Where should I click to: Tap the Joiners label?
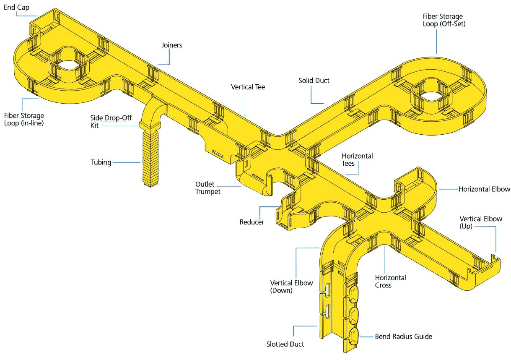click(x=171, y=45)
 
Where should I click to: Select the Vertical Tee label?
click(x=248, y=87)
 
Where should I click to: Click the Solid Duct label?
click(x=314, y=80)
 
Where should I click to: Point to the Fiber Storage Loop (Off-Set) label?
click(x=444, y=20)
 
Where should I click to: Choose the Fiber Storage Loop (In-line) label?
click(x=24, y=119)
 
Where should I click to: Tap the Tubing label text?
click(x=101, y=162)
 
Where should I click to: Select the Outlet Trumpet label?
click(x=208, y=188)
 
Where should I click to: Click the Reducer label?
click(x=252, y=222)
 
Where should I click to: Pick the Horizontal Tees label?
click(x=357, y=159)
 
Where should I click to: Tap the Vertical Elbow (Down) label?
click(x=291, y=286)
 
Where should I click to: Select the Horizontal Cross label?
click(x=390, y=281)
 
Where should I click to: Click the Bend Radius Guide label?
click(x=403, y=336)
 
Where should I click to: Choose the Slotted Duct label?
click(x=285, y=344)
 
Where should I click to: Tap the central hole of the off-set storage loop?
click(x=431, y=92)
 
